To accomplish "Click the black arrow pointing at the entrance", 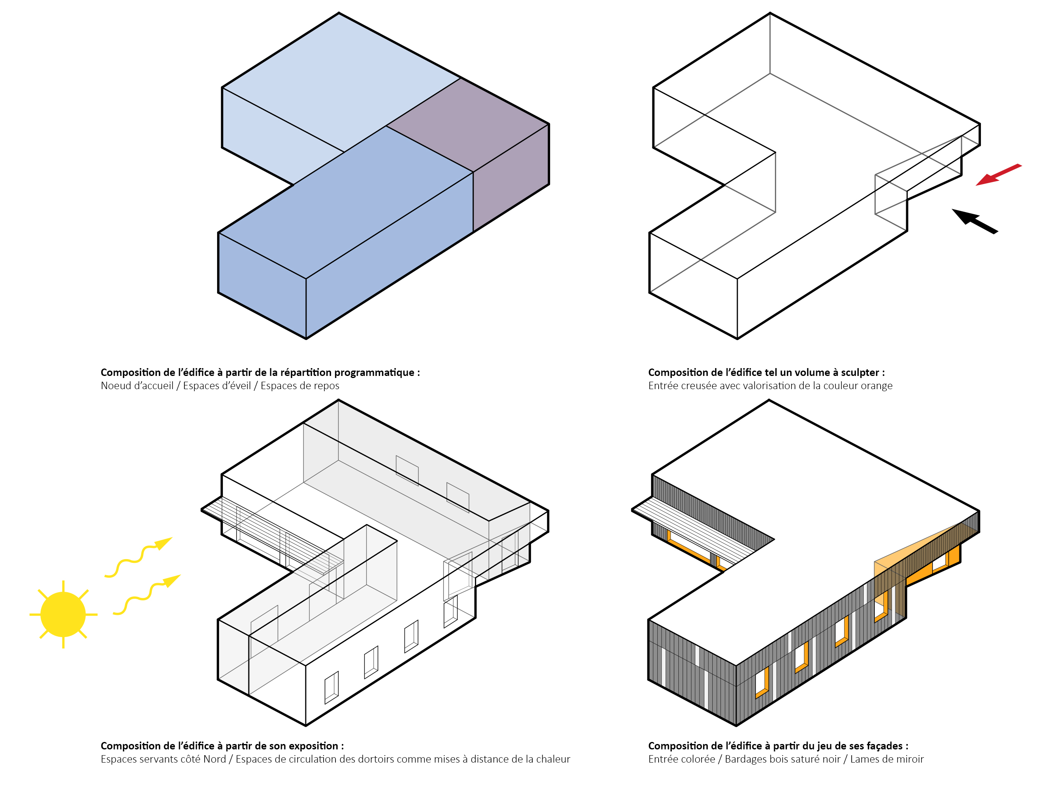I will pos(974,221).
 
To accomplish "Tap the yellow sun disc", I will pos(63,614).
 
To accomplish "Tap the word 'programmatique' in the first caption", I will pos(375,372).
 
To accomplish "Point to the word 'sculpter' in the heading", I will pos(860,372).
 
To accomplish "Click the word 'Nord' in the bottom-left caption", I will pos(214,759).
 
